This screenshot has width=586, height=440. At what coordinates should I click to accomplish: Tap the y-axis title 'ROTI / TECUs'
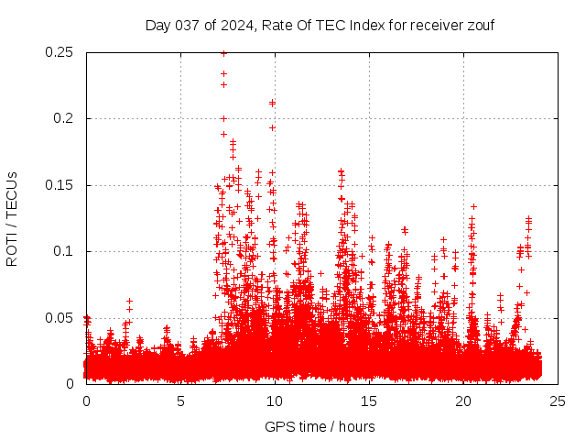pos(12,218)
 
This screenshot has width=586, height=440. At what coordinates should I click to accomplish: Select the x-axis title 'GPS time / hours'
pos(320,427)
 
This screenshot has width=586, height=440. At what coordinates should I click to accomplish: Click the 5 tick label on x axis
pos(180,401)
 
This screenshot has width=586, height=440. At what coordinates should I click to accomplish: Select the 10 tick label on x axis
pos(275,401)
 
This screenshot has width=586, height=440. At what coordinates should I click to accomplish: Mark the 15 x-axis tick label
pos(369,401)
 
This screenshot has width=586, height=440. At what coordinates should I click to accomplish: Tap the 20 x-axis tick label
pos(463,401)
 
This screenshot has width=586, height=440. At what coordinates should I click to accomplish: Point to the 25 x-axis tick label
pos(558,401)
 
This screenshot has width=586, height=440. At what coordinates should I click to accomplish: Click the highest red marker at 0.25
pos(223,53)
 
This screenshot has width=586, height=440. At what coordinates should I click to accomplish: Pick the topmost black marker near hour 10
pos(272,103)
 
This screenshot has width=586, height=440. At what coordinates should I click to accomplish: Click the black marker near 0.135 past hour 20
pos(473,206)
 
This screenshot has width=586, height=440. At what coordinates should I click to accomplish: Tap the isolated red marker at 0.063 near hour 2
pos(129,301)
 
